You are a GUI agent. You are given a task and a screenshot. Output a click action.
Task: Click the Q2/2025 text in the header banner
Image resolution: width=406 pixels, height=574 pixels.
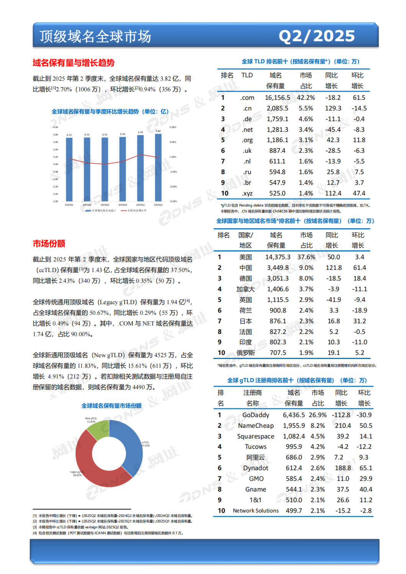point(316,36)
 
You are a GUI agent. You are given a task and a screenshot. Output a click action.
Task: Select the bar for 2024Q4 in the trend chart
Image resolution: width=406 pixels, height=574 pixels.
point(123,168)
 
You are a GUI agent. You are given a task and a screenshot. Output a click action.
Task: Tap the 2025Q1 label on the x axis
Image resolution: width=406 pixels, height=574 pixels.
point(141,205)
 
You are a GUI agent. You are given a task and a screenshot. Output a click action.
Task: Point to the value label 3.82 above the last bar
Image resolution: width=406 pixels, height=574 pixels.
point(158,131)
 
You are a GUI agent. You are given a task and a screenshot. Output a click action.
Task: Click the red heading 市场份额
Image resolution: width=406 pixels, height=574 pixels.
point(49,244)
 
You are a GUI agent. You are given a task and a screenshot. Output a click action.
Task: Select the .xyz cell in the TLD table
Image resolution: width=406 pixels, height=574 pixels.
point(247,193)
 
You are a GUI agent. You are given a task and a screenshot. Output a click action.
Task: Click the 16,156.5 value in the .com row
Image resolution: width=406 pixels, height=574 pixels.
point(277,98)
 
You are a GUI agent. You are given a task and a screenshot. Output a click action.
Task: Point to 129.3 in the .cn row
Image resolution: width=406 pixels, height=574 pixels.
point(333,108)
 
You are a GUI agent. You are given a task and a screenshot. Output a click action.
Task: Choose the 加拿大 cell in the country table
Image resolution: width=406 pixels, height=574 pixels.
point(246,289)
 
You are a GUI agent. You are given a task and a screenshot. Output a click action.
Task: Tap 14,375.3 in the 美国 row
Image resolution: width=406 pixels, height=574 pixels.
point(278,257)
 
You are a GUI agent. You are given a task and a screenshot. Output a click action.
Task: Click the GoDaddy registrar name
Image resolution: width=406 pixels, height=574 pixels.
point(255,415)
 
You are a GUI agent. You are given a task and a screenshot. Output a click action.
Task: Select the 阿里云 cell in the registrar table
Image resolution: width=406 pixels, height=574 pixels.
point(255,457)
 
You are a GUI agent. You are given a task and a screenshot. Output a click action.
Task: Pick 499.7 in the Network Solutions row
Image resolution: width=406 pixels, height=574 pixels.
point(294,510)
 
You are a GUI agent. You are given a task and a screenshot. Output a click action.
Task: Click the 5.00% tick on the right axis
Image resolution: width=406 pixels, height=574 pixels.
point(173,127)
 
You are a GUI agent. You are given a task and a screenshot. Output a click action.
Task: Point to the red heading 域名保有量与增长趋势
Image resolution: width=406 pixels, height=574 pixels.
point(74,63)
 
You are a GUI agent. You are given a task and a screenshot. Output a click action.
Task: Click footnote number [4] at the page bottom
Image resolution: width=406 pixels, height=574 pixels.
point(35,533)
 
